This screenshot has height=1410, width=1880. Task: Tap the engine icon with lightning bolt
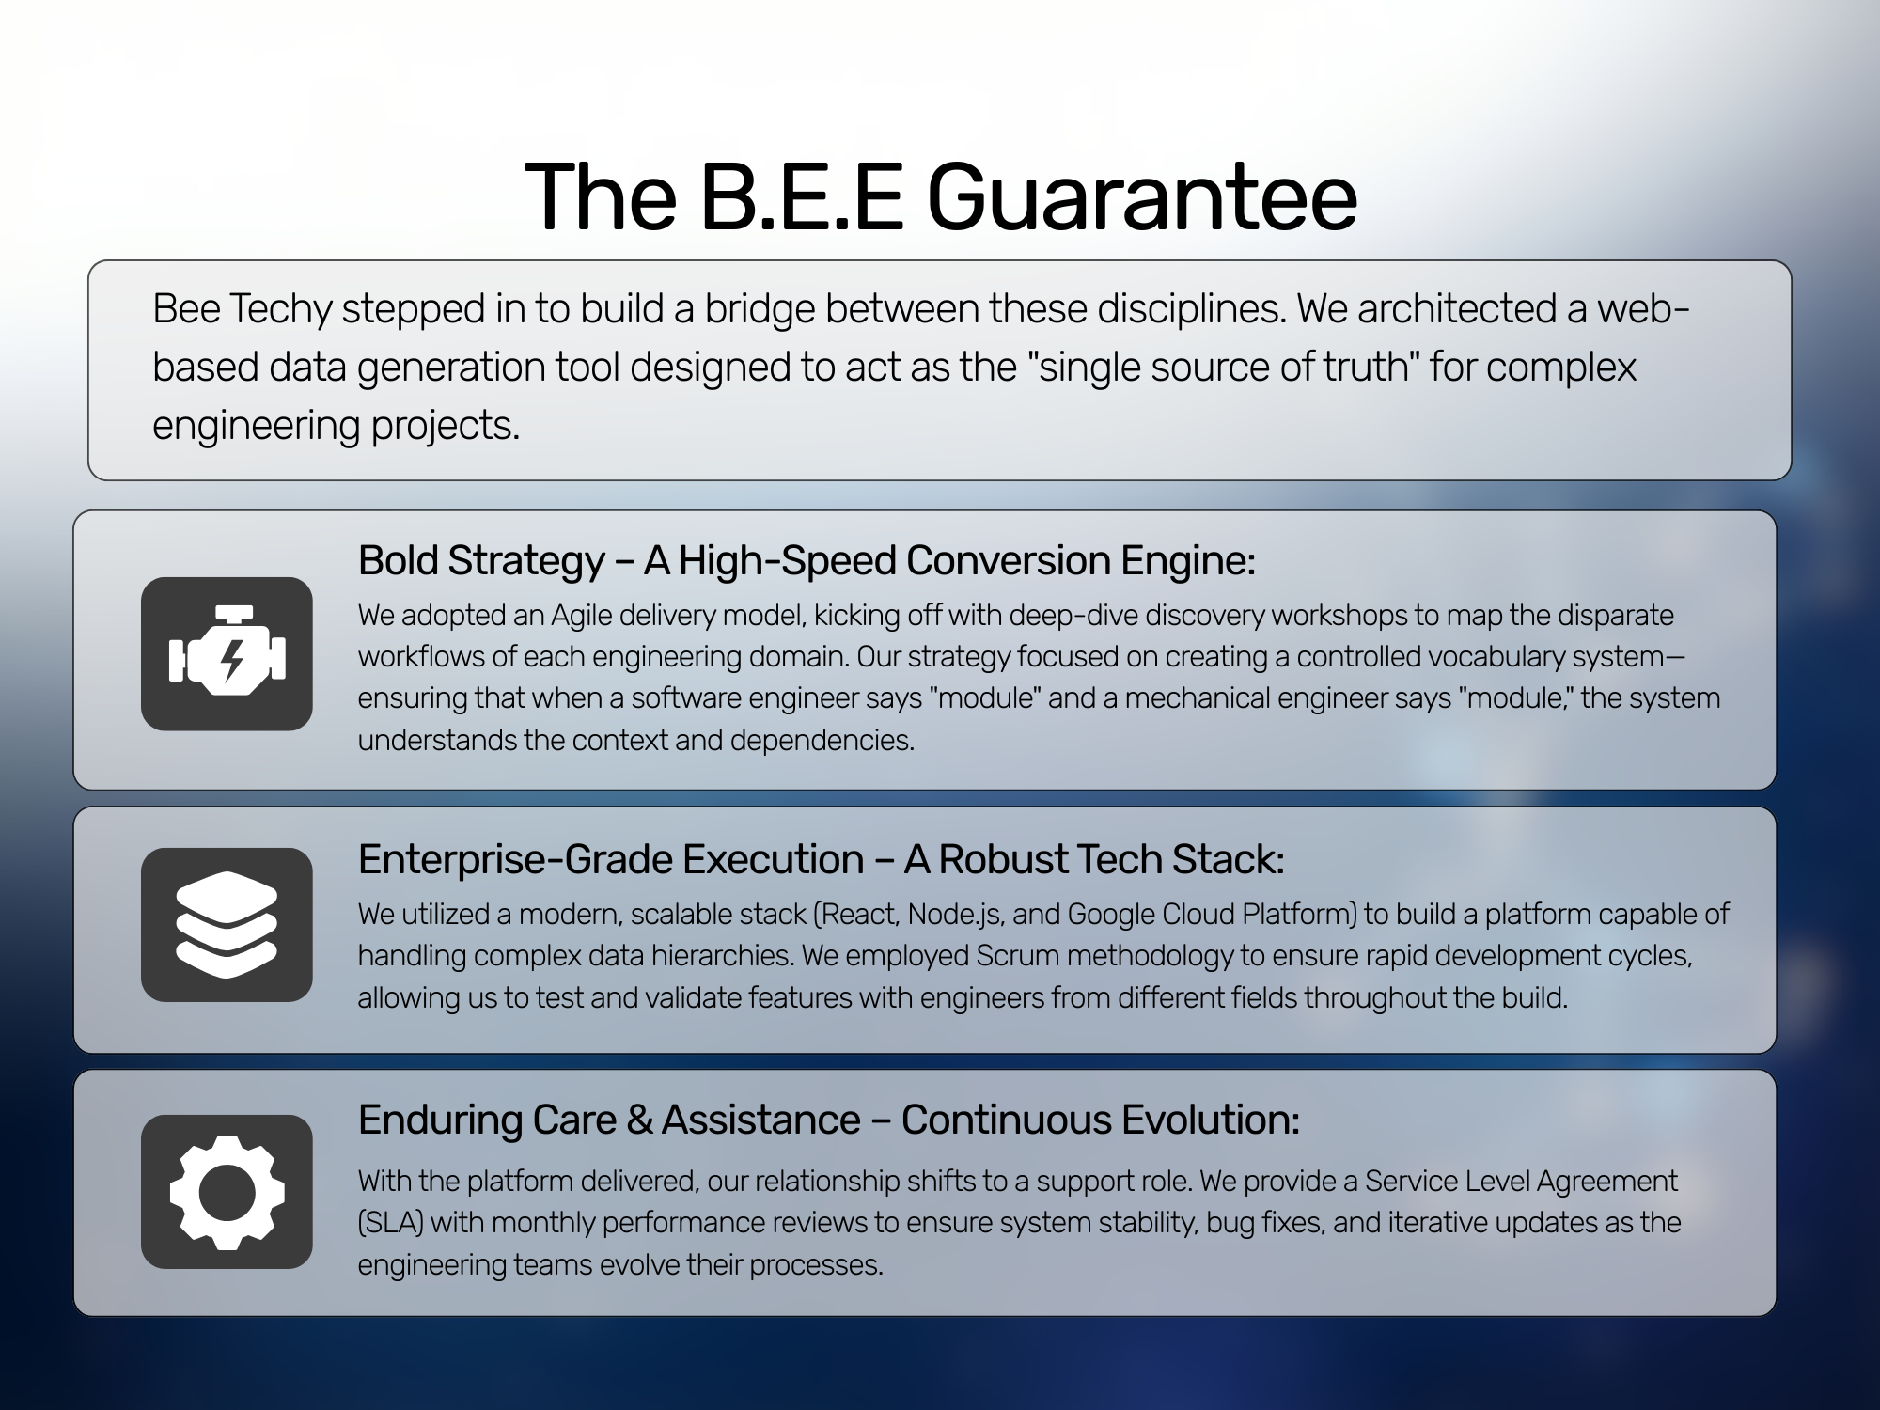(227, 654)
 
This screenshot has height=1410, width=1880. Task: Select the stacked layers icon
(227, 925)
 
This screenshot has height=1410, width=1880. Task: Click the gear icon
(227, 1192)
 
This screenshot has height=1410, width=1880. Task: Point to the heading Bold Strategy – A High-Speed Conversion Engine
(807, 560)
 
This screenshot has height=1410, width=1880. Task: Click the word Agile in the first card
(582, 616)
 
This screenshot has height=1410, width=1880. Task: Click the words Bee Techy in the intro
(243, 309)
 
